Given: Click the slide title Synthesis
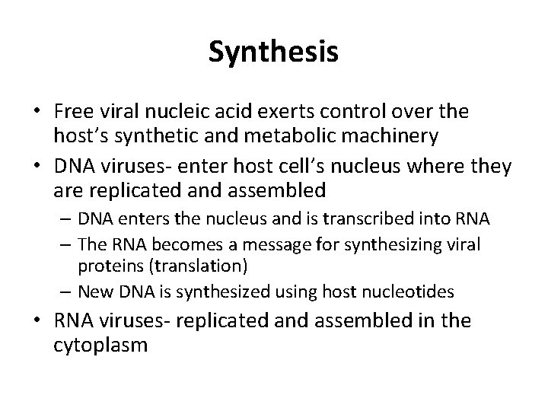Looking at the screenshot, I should pos(273,53).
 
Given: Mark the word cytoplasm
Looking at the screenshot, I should pos(100,345).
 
